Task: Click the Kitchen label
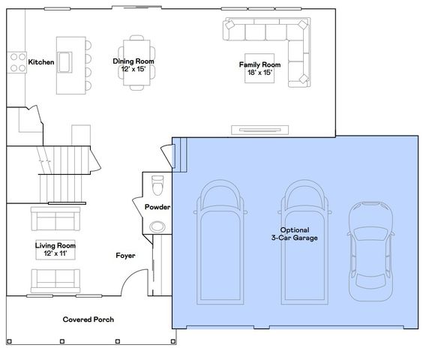point(41,62)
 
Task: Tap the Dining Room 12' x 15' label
point(133,65)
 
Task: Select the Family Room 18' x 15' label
point(259,68)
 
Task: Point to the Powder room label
point(157,207)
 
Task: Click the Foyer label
point(125,256)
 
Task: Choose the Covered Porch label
point(88,319)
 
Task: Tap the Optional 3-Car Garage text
point(295,234)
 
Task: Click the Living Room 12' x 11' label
point(55,249)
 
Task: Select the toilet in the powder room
point(157,185)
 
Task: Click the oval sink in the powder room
point(157,226)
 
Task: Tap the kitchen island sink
point(64,62)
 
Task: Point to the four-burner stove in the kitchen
point(16,62)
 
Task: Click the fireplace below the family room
point(259,130)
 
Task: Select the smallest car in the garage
point(370,251)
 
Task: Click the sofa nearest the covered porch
point(55,281)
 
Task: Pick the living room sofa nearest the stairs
point(55,218)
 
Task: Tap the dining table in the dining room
point(136,62)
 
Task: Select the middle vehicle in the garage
point(304,242)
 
